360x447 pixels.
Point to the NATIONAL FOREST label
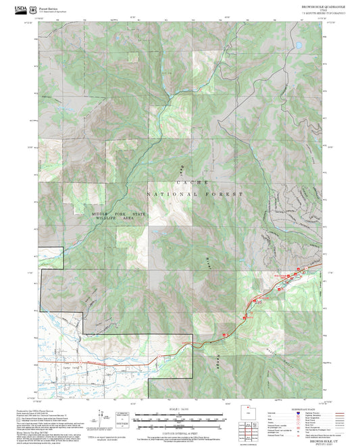click(195, 194)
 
